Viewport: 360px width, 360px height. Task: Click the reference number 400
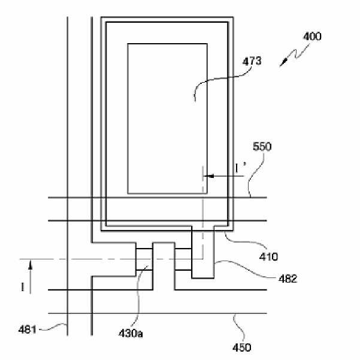[x=311, y=36]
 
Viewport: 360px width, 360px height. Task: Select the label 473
[x=251, y=60]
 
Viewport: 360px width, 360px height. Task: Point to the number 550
[x=262, y=146]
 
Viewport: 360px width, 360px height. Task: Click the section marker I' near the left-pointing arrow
[x=240, y=170]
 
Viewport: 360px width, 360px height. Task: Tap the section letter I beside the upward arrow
[x=23, y=288]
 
